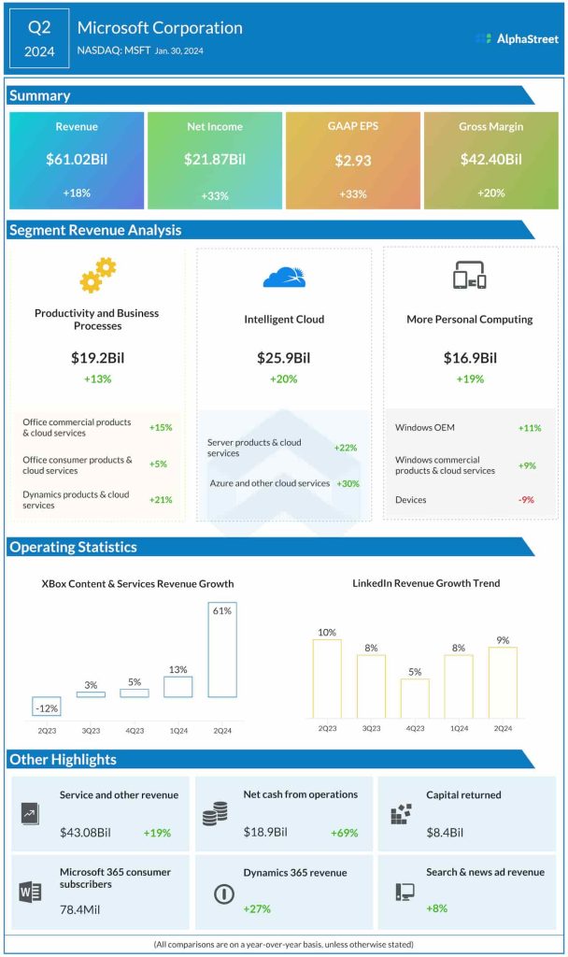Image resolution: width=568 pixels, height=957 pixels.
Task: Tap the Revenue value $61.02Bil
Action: pyautogui.click(x=77, y=160)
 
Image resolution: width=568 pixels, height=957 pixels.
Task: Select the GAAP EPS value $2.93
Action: pyautogui.click(x=353, y=161)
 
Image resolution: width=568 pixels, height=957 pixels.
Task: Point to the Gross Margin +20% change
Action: pyautogui.click(x=490, y=193)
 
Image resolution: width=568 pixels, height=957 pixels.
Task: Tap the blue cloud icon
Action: pyautogui.click(x=284, y=277)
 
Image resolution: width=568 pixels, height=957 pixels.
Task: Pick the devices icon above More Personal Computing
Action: pyautogui.click(x=470, y=276)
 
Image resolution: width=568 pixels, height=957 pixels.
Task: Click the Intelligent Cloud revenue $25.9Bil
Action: pyautogui.click(x=284, y=358)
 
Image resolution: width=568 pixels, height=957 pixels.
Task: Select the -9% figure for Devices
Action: pyautogui.click(x=526, y=500)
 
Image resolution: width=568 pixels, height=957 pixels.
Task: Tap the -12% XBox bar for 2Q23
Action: pyautogui.click(x=47, y=707)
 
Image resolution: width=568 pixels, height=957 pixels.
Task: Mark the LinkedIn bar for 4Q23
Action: pyautogui.click(x=415, y=698)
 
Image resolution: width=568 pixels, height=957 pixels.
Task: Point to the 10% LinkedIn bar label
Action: pyautogui.click(x=327, y=633)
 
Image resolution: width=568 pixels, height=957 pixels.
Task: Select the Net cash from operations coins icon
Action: pyautogui.click(x=215, y=814)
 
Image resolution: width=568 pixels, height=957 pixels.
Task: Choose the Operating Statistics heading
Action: pyautogui.click(x=73, y=548)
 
